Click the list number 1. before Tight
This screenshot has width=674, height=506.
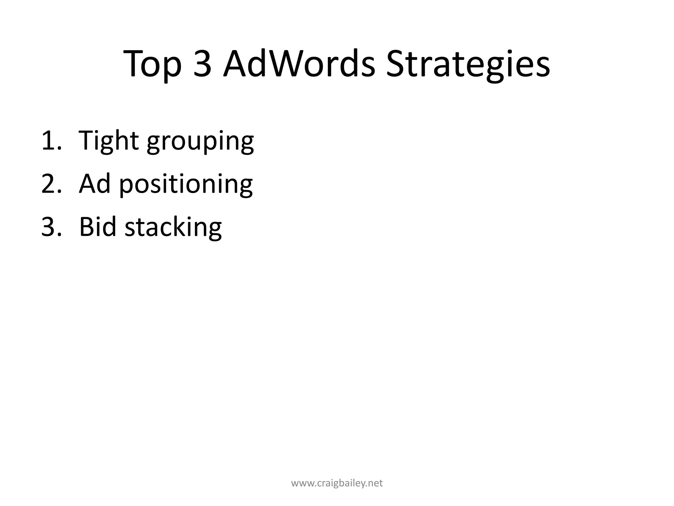[x=51, y=141]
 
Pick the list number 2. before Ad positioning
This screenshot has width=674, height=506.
[x=51, y=184]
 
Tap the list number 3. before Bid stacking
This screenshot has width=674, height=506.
[x=51, y=227]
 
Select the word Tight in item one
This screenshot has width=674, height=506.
[x=109, y=141]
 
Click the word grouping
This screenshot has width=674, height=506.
[x=200, y=142]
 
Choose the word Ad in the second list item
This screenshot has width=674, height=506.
[x=94, y=184]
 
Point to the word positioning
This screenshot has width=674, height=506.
[x=186, y=185]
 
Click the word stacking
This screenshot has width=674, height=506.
[x=173, y=228]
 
